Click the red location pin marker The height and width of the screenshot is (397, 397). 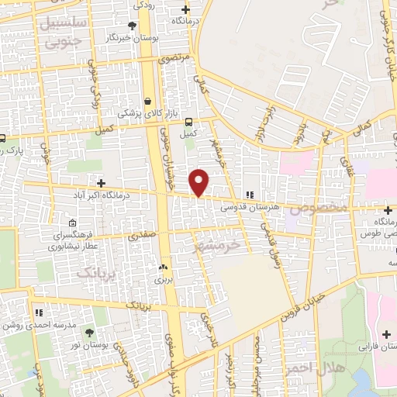pyautogui.click(x=200, y=182)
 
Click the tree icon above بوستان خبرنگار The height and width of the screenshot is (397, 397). pyautogui.click(x=140, y=26)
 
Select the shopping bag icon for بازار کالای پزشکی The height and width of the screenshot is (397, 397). pyautogui.click(x=147, y=100)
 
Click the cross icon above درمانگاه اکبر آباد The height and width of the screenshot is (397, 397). pyautogui.click(x=101, y=184)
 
